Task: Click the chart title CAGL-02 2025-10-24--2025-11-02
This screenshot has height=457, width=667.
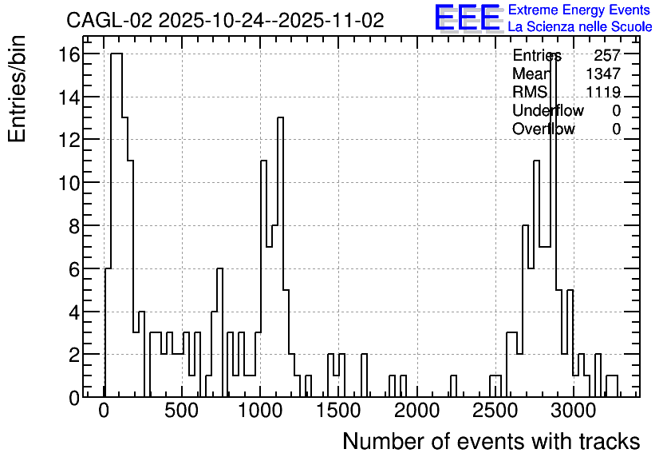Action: coord(225,20)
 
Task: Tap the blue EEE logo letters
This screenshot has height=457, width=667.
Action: coord(467,18)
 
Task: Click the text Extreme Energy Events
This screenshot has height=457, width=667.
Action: coord(579,10)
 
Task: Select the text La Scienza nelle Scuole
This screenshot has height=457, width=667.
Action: coord(580,26)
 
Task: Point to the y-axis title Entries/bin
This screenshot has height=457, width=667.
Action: coord(18,89)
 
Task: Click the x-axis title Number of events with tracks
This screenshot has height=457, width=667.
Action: coord(491,441)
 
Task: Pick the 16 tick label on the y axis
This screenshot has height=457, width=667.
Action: coord(69,54)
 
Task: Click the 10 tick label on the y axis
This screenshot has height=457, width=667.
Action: coord(69,183)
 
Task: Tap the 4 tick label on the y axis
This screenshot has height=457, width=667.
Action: coord(74,312)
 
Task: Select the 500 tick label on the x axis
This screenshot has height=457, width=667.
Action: coord(182,411)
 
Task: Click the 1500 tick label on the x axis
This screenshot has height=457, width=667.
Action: coord(338,411)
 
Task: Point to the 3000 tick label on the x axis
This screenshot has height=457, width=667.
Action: coord(574,411)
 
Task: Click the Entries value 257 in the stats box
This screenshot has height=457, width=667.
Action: coord(607,55)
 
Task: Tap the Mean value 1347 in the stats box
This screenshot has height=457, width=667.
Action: coord(603,74)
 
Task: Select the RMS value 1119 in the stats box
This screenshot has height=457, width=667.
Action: coord(603,92)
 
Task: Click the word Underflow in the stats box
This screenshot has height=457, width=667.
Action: coord(548,110)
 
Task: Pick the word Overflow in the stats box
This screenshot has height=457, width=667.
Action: coord(543,129)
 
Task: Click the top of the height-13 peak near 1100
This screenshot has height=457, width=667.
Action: coord(280,117)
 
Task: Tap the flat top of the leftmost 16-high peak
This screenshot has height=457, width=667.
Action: coord(116,54)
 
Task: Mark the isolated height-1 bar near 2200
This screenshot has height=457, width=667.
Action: coord(453,385)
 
